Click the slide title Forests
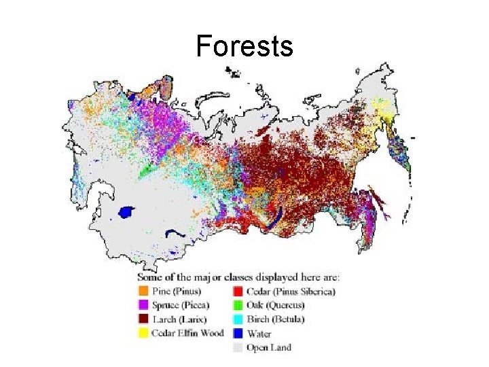(244, 47)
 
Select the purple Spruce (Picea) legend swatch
(143, 305)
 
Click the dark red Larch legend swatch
(143, 319)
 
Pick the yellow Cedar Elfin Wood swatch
(143, 333)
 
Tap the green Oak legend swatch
(238, 305)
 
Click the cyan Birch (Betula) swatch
(238, 319)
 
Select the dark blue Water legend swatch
(238, 333)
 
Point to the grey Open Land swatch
(238, 347)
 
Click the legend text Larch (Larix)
(179, 319)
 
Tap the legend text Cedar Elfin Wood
(189, 333)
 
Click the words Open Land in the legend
(270, 347)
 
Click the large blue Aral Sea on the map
(126, 213)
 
